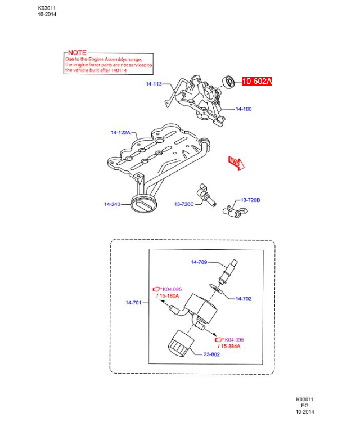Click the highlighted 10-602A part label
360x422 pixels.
(x=257, y=82)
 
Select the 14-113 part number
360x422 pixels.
(x=154, y=84)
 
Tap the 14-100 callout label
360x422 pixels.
(x=244, y=109)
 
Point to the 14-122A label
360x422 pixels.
(x=120, y=133)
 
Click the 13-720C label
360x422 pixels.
(x=184, y=204)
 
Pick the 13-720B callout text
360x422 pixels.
(x=251, y=200)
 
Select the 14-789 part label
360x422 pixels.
(x=200, y=262)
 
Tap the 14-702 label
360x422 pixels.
(x=244, y=299)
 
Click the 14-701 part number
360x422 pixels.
(x=134, y=303)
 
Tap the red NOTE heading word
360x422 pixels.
(x=77, y=52)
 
